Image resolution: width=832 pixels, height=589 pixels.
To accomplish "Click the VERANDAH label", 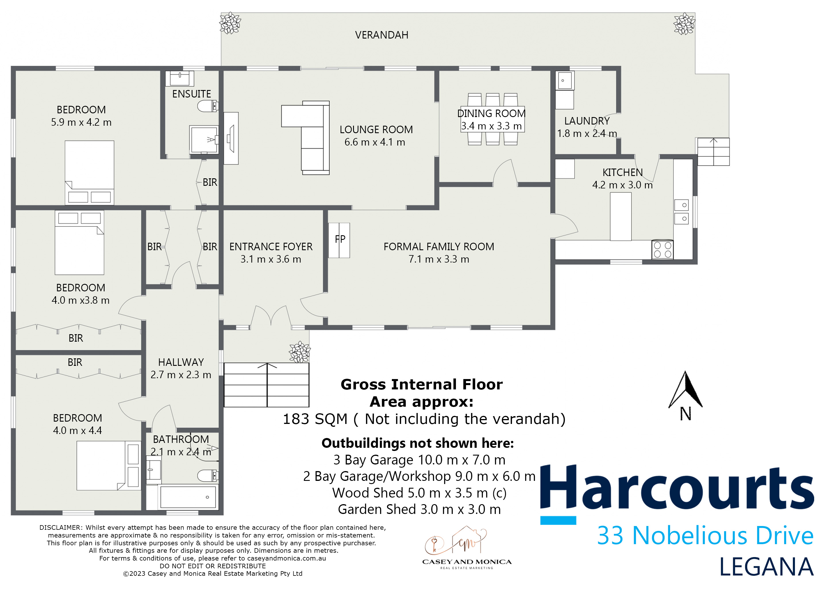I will click(x=381, y=35).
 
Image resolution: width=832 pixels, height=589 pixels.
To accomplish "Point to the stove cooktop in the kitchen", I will click(x=662, y=250).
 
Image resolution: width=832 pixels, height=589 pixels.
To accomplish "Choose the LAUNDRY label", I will click(x=587, y=121).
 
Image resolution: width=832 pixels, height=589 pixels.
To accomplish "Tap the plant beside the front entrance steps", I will click(x=299, y=352).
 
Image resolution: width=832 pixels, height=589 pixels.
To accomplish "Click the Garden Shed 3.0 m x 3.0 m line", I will click(x=419, y=509).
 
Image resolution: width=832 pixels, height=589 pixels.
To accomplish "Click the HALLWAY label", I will click(x=180, y=362).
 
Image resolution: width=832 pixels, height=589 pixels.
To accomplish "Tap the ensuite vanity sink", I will click(x=180, y=78).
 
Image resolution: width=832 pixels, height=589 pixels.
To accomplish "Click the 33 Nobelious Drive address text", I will click(x=705, y=536).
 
